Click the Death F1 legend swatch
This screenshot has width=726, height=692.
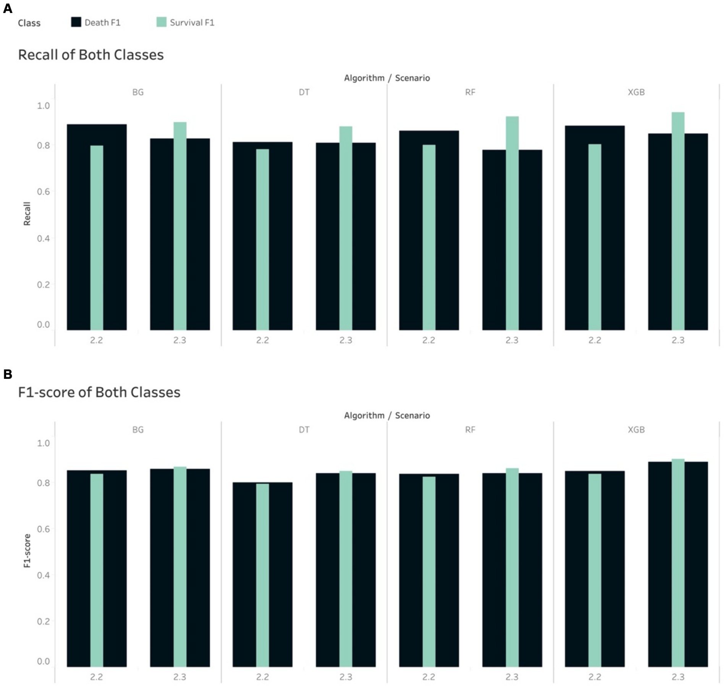(x=76, y=22)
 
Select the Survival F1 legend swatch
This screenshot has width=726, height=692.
(x=162, y=22)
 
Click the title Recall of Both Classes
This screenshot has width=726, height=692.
(x=91, y=55)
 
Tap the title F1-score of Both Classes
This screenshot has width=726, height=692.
(x=99, y=392)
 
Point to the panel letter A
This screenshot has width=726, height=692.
(x=7, y=8)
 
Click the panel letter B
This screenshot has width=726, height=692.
(x=7, y=374)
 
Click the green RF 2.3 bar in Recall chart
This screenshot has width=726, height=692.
(x=512, y=223)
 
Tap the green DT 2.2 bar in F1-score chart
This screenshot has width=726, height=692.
(x=262, y=575)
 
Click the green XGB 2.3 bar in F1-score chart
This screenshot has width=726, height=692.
(x=678, y=563)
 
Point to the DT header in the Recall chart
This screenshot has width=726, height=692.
(x=304, y=92)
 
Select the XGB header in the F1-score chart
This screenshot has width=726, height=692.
(x=636, y=430)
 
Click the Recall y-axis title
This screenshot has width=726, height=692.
(x=27, y=213)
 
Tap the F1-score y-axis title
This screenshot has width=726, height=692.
(x=27, y=551)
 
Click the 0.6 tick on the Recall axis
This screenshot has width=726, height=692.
(x=43, y=192)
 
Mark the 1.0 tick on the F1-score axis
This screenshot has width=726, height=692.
(x=43, y=443)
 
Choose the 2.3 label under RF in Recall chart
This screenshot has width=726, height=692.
(x=512, y=340)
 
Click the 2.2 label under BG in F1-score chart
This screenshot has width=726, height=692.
(x=96, y=677)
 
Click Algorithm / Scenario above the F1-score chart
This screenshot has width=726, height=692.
(x=387, y=416)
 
